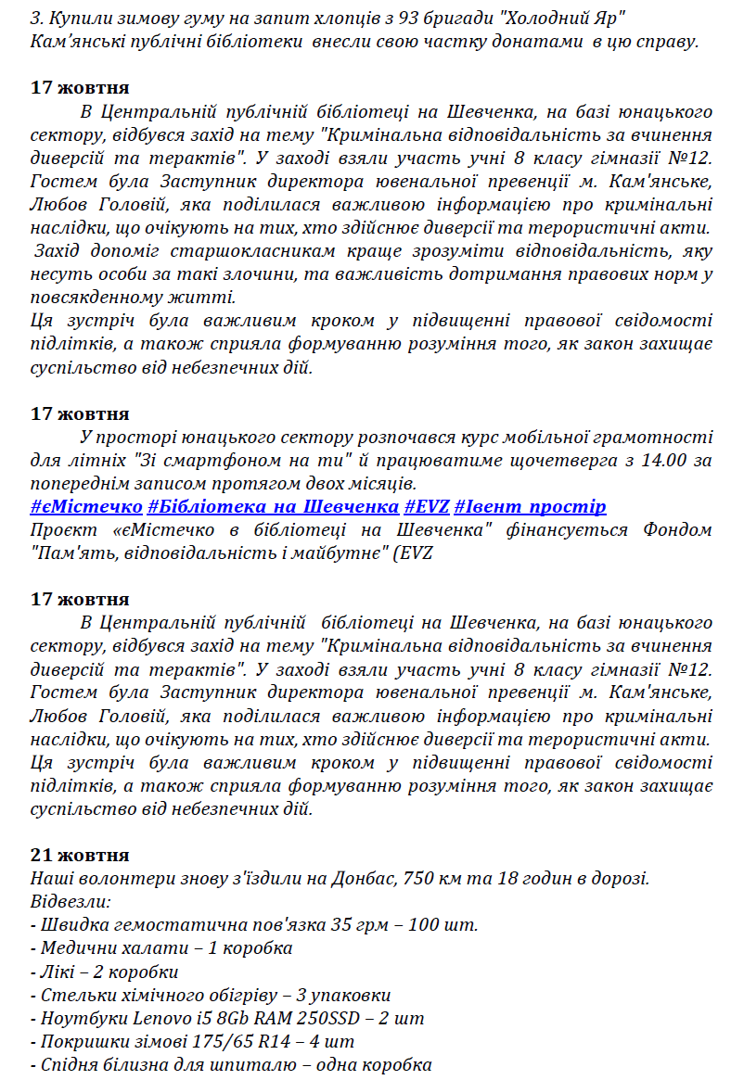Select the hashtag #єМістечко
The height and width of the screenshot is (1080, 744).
pyautogui.click(x=86, y=506)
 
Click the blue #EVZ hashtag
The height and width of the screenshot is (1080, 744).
pyautogui.click(x=427, y=506)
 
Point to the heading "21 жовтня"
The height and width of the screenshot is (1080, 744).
pyautogui.click(x=80, y=855)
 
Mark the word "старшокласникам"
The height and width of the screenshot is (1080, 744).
pyautogui.click(x=245, y=251)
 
